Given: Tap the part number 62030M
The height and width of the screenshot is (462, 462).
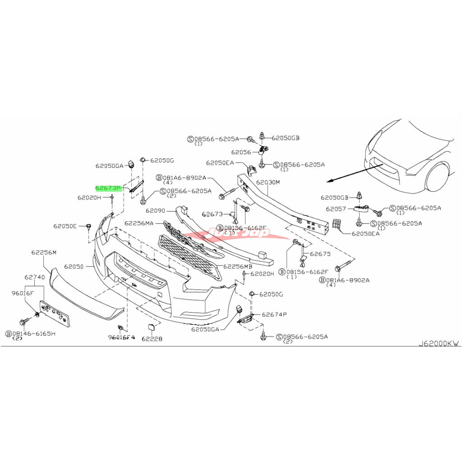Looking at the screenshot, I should [268, 183].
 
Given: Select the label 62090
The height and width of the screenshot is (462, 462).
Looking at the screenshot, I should [156, 210].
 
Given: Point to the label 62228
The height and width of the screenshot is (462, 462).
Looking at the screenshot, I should [152, 338].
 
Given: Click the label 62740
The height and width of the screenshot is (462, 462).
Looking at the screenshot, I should [34, 277].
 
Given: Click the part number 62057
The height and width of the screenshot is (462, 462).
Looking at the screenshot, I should [336, 209].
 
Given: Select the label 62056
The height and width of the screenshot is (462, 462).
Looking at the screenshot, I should [240, 152].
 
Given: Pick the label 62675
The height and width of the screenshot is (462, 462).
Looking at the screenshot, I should [320, 254].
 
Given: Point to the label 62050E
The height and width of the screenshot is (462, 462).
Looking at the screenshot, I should [65, 226].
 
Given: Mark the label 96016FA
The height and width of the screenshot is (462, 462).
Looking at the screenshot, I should [121, 337].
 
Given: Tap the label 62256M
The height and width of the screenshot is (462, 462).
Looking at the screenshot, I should [44, 253].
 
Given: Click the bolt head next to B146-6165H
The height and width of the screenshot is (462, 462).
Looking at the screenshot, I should [23, 321].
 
